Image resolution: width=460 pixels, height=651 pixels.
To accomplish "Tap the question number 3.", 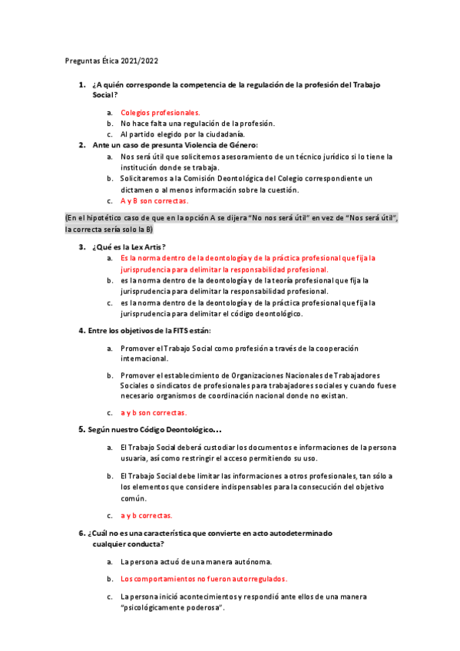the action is coord(81,246).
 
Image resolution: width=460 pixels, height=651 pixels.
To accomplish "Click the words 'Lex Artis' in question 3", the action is coord(146,246).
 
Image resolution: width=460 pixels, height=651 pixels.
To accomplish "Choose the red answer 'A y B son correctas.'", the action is coord(154,200).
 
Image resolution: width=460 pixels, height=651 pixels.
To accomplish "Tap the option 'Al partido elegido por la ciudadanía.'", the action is coord(185,134).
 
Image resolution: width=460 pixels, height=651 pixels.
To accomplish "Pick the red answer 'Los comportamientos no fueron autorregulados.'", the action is coord(204,579).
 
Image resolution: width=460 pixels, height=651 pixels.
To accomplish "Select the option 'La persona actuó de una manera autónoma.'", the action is coord(196,561).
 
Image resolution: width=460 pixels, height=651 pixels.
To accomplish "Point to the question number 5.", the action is coord(82,428).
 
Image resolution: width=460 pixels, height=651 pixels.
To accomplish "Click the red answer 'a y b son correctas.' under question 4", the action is coord(154,412).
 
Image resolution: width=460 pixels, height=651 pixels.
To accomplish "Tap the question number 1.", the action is coord(81,84).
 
